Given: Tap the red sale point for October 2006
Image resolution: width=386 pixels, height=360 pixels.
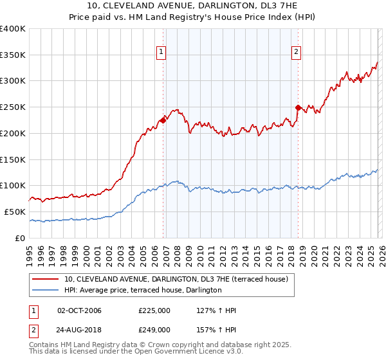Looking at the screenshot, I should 163,120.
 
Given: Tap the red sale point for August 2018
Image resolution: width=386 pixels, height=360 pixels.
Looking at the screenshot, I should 299,107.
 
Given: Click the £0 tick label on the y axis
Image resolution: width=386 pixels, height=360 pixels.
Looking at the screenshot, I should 21,238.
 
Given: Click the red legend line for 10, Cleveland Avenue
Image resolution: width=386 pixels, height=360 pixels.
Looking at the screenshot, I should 46,279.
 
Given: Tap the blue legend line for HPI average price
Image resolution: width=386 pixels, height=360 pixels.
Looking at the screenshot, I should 46,291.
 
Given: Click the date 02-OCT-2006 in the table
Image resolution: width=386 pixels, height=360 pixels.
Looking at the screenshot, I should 79,311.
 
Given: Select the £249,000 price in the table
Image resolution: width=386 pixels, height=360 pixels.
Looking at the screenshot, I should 154,329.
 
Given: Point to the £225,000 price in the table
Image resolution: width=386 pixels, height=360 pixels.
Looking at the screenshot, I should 154,311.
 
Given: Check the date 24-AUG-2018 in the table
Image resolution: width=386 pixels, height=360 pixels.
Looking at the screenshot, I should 79,329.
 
